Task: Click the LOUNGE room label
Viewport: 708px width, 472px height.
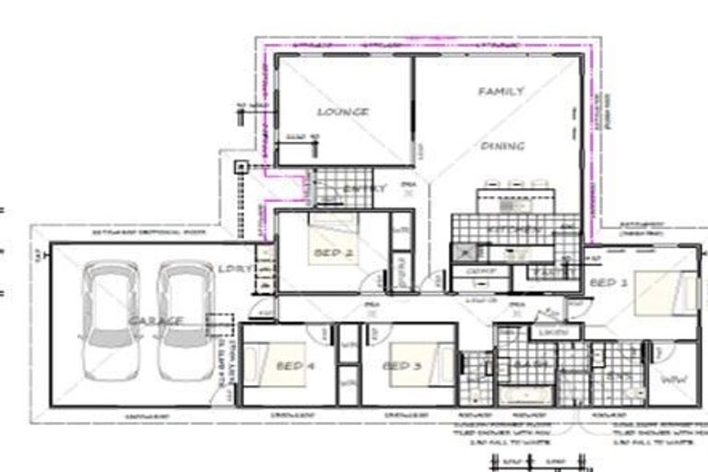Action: (x=342, y=112)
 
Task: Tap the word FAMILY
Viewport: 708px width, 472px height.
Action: (x=501, y=91)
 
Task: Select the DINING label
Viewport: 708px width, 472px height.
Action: (x=502, y=146)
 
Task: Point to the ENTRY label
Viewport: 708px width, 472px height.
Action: (x=364, y=189)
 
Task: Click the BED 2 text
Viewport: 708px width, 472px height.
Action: (x=335, y=252)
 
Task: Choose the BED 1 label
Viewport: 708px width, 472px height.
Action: (x=608, y=282)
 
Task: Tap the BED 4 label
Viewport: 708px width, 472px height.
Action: (x=295, y=366)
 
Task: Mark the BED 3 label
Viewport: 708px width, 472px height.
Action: (x=402, y=366)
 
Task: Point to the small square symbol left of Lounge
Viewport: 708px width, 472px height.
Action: (x=241, y=167)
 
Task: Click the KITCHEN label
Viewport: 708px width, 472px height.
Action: (x=512, y=228)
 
